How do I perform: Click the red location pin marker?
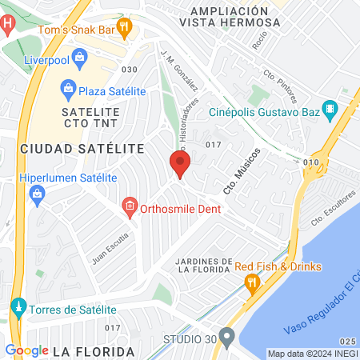[179, 164]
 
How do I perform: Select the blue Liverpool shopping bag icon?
[79, 58]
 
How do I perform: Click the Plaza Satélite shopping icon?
[69, 87]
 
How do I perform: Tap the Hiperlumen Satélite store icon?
[36, 193]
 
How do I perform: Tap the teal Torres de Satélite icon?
[18, 307]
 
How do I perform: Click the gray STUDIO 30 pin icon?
[226, 337]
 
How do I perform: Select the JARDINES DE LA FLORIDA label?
[203, 266]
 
